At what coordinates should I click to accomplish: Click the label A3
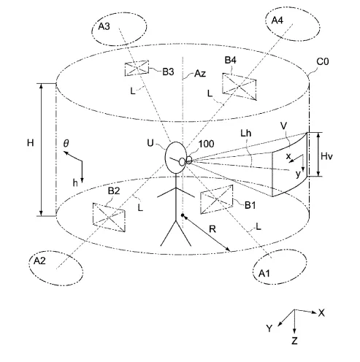pyautogui.click(x=104, y=26)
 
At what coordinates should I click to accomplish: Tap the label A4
pyautogui.click(x=277, y=20)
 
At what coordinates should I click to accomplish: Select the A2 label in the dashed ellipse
pyautogui.click(x=39, y=261)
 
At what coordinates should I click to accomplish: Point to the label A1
pyautogui.click(x=264, y=274)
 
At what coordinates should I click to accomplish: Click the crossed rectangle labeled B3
pyautogui.click(x=137, y=68)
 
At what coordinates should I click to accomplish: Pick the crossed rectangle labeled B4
pyautogui.click(x=240, y=87)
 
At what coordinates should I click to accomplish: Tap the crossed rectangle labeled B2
pyautogui.click(x=109, y=217)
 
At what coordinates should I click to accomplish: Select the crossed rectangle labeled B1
pyautogui.click(x=217, y=199)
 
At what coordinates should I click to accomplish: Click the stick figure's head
pyautogui.click(x=176, y=158)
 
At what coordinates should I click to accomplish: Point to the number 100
pyautogui.click(x=207, y=144)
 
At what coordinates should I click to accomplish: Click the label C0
pyautogui.click(x=323, y=62)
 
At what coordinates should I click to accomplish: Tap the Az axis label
pyautogui.click(x=200, y=73)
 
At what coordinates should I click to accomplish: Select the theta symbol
pyautogui.click(x=66, y=143)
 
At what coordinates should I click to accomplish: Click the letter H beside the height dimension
pyautogui.click(x=31, y=143)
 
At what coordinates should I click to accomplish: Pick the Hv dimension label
pyautogui.click(x=326, y=156)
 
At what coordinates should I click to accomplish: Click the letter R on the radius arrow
pyautogui.click(x=212, y=229)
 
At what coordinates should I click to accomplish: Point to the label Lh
pyautogui.click(x=246, y=134)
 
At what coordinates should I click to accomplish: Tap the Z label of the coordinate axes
pyautogui.click(x=294, y=341)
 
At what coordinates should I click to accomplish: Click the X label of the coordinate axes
pyautogui.click(x=321, y=313)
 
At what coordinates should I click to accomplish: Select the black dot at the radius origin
pyautogui.click(x=183, y=215)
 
